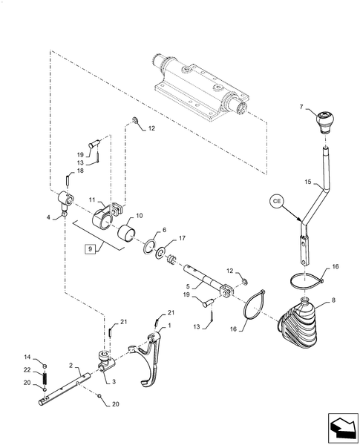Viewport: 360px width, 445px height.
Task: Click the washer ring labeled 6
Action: [151, 247]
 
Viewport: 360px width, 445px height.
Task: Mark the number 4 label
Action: [50, 217]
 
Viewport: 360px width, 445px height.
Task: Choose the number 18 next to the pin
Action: [80, 171]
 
